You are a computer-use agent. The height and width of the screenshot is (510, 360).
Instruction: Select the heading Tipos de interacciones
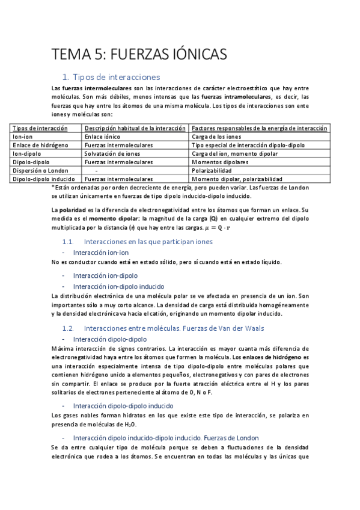115,77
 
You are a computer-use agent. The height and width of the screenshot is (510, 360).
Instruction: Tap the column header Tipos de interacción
40,128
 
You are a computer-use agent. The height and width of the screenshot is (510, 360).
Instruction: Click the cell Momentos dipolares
220,162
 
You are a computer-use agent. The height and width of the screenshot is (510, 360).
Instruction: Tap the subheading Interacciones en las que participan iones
148,241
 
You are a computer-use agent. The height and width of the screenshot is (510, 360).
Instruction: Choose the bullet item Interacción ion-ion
102,253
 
